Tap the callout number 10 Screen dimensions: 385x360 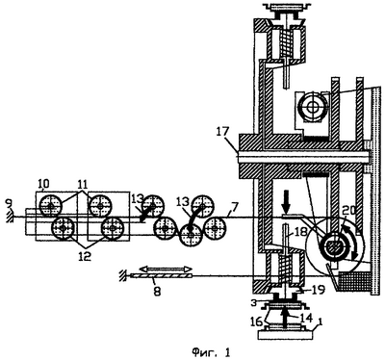pyautogui.click(x=44, y=184)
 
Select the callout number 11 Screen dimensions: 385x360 pyautogui.click(x=83, y=184)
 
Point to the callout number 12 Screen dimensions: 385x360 pyautogui.click(x=85, y=256)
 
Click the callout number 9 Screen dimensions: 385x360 pyautogui.click(x=10, y=204)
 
